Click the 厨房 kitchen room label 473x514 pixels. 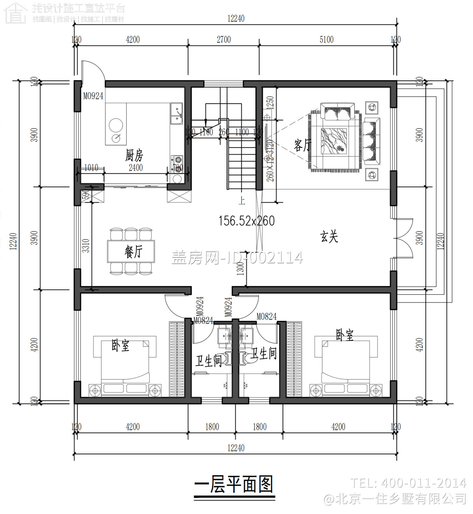click(134, 155)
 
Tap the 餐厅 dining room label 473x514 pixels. click(133, 252)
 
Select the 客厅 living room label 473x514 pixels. click(302, 146)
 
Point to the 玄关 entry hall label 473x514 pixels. click(329, 237)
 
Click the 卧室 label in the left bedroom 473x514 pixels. click(120, 346)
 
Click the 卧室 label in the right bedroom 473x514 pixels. click(344, 335)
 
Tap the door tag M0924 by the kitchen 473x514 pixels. click(93, 96)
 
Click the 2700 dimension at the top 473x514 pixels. click(224, 40)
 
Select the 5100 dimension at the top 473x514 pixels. click(326, 40)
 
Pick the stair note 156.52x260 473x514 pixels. click(247, 221)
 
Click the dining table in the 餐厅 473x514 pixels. click(131, 251)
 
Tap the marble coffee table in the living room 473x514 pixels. click(334, 141)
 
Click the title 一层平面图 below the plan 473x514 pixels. click(234, 484)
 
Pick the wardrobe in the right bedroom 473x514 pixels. click(294, 359)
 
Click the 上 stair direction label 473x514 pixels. click(242, 201)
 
